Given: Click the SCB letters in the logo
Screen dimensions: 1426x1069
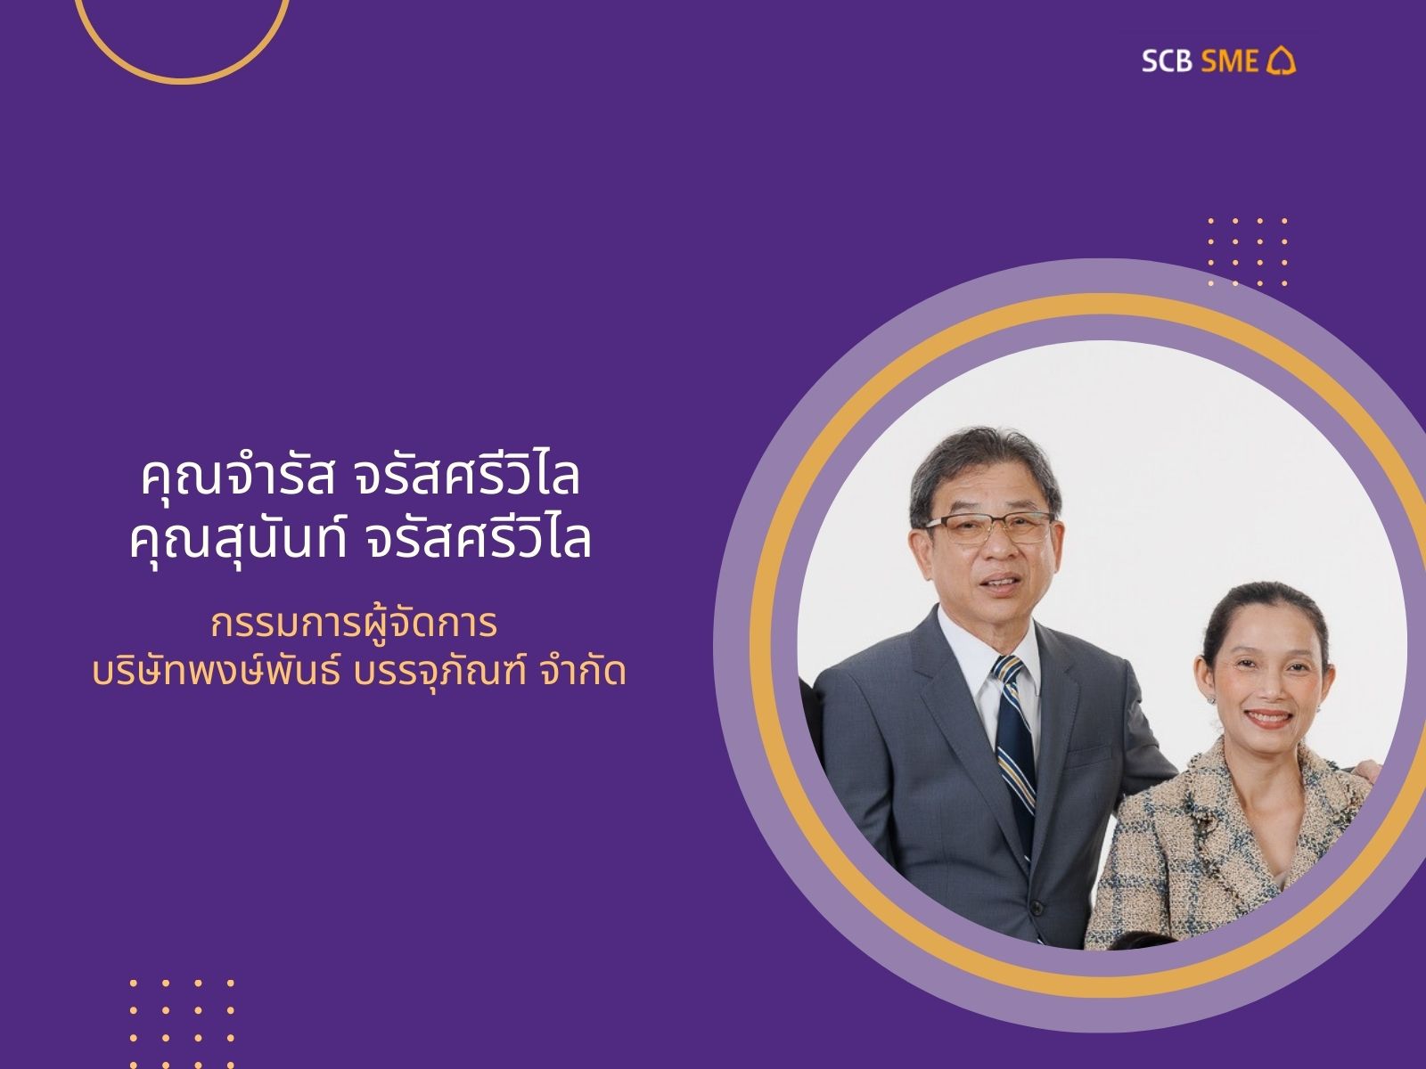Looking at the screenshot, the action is (x=1167, y=61).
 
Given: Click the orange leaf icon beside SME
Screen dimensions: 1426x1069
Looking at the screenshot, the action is (x=1281, y=61).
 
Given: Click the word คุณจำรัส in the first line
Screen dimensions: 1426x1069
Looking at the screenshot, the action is (x=238, y=478).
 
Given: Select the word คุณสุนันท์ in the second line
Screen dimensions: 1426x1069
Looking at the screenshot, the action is (x=238, y=540).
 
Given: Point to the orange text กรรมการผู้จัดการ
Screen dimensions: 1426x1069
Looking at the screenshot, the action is (x=354, y=624).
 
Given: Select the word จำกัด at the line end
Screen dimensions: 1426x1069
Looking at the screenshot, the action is (x=583, y=672).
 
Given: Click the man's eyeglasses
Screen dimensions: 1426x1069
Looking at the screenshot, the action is (x=988, y=527).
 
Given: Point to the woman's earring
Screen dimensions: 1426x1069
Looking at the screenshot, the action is (x=1212, y=699).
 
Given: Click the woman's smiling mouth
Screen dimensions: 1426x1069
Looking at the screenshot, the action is (x=1268, y=718).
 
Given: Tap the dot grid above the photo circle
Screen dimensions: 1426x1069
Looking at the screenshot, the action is (x=1248, y=252).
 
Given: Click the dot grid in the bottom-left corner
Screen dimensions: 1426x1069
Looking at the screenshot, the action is (x=182, y=1024).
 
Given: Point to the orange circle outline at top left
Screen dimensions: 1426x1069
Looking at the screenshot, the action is (x=182, y=79).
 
